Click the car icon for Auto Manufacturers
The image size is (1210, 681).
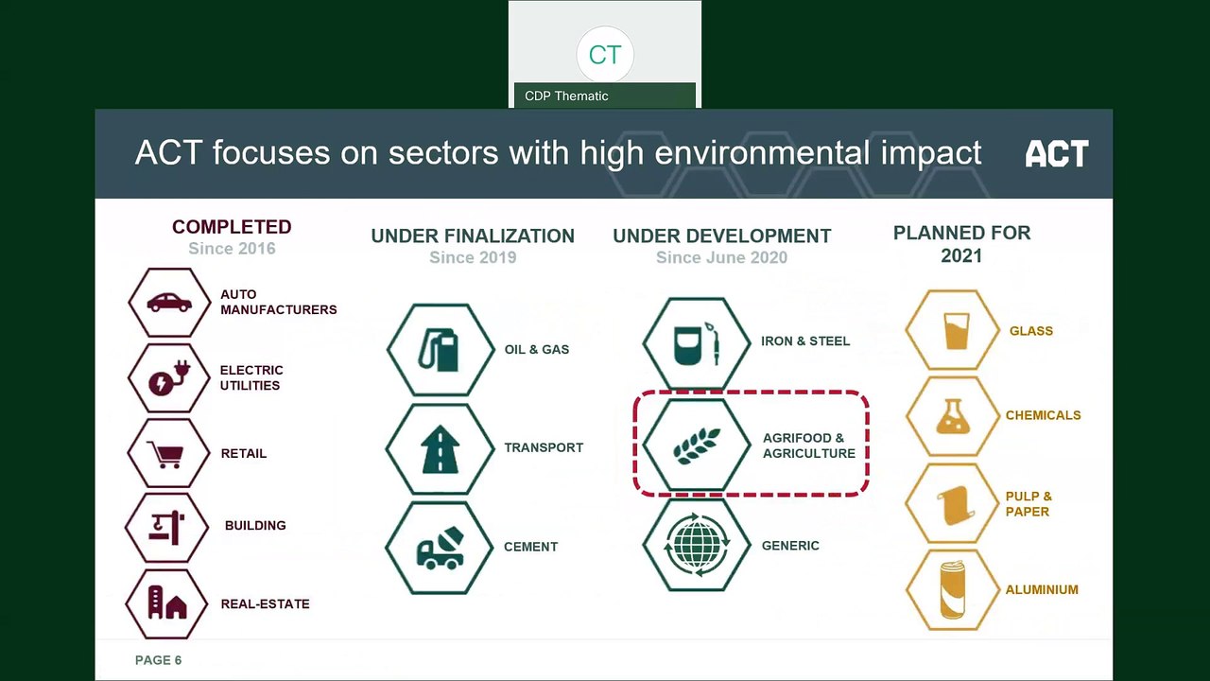169,303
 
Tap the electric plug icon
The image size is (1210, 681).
169,378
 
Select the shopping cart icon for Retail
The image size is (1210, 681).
168,453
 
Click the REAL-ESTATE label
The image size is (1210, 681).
265,603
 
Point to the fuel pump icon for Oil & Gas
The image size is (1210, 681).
440,349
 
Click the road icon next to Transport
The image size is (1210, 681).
440,448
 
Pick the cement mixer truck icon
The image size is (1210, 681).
440,547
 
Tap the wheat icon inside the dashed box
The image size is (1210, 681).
697,445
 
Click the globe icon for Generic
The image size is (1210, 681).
697,545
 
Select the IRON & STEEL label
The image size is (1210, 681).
804,340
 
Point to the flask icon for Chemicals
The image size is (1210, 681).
953,415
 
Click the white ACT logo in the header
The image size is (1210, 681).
1056,153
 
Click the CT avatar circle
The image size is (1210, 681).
604,54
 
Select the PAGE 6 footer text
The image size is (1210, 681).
158,660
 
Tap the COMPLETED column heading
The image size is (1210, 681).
232,227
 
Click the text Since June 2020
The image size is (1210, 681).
721,257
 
